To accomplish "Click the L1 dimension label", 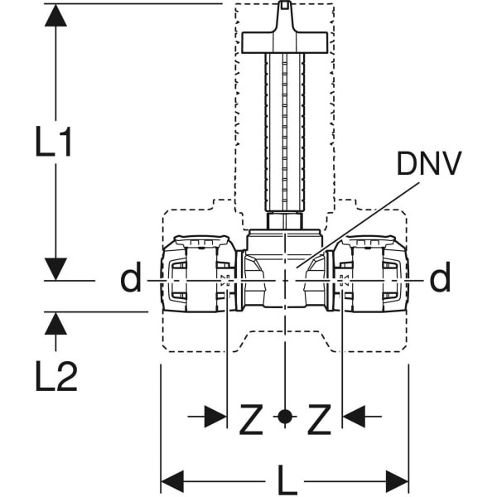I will (54, 142).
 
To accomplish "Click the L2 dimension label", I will (55, 377).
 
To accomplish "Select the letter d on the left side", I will (131, 279).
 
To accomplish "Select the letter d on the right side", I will (441, 279).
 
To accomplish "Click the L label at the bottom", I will (287, 480).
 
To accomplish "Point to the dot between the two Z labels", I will (285, 417).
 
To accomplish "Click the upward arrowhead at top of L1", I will (55, 15).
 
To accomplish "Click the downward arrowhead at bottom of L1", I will (55, 268).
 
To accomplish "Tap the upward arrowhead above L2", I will (55, 323).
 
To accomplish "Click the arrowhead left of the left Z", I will (216, 417).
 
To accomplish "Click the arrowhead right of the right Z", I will (354, 417).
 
